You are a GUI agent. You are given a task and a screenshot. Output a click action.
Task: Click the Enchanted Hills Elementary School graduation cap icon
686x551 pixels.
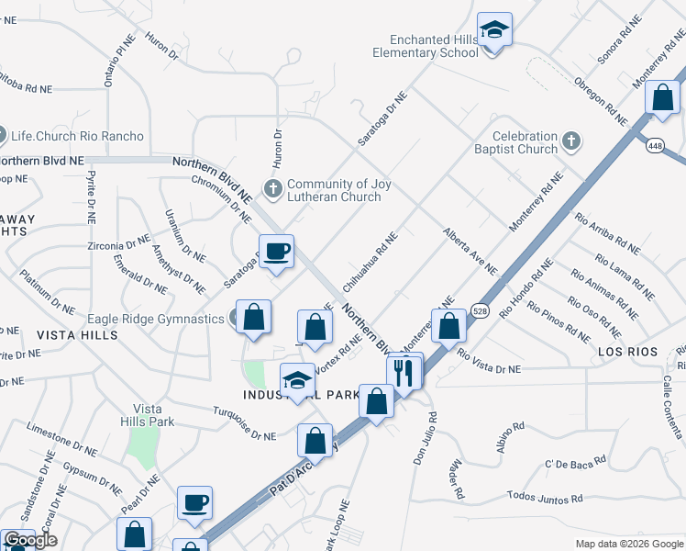click(494, 29)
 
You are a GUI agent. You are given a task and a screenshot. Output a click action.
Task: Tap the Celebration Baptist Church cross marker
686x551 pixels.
click(571, 141)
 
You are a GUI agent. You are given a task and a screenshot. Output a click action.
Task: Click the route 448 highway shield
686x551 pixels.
click(655, 146)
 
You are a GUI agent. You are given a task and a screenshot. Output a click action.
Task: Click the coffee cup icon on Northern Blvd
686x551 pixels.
click(276, 251)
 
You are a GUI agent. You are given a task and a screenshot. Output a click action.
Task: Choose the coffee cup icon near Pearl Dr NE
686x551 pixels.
click(194, 502)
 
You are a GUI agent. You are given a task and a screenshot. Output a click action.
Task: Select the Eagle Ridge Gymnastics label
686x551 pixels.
click(156, 320)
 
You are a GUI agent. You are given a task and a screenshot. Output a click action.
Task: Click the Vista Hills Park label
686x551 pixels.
click(153, 415)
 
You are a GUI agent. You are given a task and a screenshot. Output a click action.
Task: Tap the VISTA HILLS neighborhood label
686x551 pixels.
click(77, 336)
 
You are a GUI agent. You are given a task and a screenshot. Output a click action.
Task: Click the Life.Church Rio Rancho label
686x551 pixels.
click(77, 136)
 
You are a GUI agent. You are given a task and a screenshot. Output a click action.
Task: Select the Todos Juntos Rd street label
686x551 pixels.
click(545, 497)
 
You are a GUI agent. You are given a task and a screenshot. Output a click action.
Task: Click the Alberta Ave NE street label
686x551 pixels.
click(470, 252)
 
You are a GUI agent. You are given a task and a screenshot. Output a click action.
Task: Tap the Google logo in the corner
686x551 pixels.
click(30, 541)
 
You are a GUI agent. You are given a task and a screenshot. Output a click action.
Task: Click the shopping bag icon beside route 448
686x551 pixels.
click(662, 99)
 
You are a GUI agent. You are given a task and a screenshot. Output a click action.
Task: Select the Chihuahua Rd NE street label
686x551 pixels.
click(370, 262)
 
